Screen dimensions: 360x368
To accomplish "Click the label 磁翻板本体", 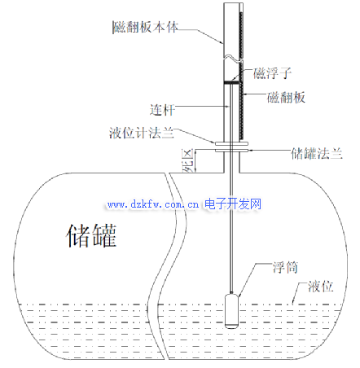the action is pyautogui.click(x=146, y=27).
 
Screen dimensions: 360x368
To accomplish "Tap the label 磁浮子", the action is pyautogui.click(x=272, y=73).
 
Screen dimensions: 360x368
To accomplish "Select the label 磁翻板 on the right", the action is pyautogui.click(x=286, y=98).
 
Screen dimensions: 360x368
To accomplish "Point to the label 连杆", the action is pyautogui.click(x=162, y=110).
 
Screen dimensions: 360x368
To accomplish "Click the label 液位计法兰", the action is pyautogui.click(x=142, y=133).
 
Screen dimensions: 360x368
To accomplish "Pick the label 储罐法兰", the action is pyautogui.click(x=317, y=153).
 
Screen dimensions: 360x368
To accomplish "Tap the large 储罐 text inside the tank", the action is pyautogui.click(x=91, y=235).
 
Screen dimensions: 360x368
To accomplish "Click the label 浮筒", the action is pyautogui.click(x=285, y=268).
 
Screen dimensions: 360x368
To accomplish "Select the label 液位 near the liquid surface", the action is pyautogui.click(x=320, y=287).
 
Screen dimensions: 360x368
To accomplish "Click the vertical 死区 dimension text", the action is pyautogui.click(x=187, y=160).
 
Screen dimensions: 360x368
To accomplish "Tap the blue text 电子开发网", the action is pyautogui.click(x=233, y=204).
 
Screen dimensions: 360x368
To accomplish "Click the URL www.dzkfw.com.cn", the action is pyautogui.click(x=153, y=204).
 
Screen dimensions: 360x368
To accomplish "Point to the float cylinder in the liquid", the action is pyautogui.click(x=231, y=311).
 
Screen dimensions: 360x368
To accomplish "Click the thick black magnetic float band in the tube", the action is pyautogui.click(x=232, y=82).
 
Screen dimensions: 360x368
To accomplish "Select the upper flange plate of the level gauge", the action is pyautogui.click(x=231, y=142).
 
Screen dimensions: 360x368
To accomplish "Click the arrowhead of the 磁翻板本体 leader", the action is pyautogui.click(x=222, y=42).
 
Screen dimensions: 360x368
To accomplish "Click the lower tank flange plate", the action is pyautogui.click(x=231, y=150).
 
